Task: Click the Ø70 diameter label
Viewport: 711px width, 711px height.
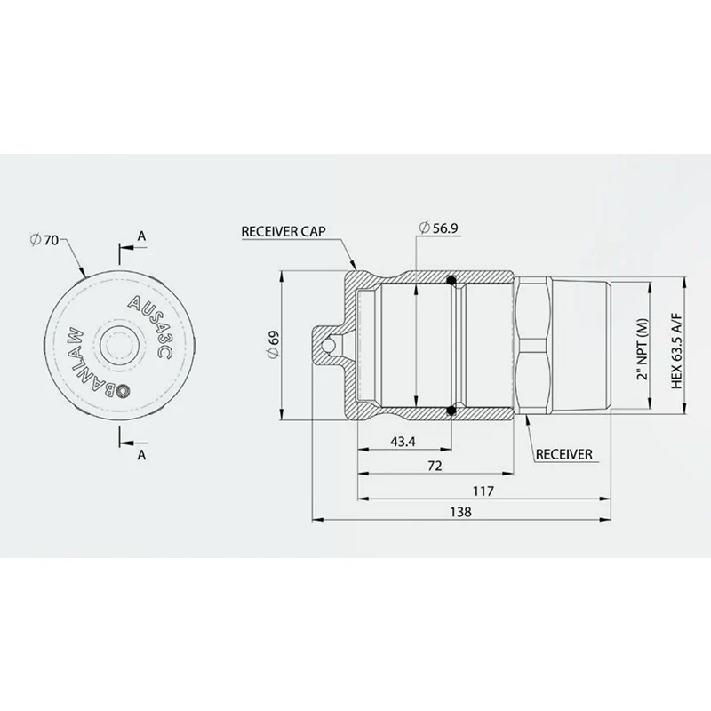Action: click(x=44, y=239)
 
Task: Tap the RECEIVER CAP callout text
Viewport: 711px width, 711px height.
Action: click(x=284, y=232)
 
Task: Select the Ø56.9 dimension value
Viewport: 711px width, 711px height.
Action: click(x=438, y=228)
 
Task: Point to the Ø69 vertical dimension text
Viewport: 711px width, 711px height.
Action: click(x=274, y=345)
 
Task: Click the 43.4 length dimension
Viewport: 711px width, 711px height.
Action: click(x=403, y=441)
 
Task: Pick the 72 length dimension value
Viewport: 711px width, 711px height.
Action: click(x=435, y=466)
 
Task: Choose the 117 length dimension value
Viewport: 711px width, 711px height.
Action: click(x=483, y=491)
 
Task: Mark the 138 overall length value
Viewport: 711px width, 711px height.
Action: click(x=460, y=512)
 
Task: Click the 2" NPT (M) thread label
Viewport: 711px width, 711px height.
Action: click(x=643, y=349)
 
